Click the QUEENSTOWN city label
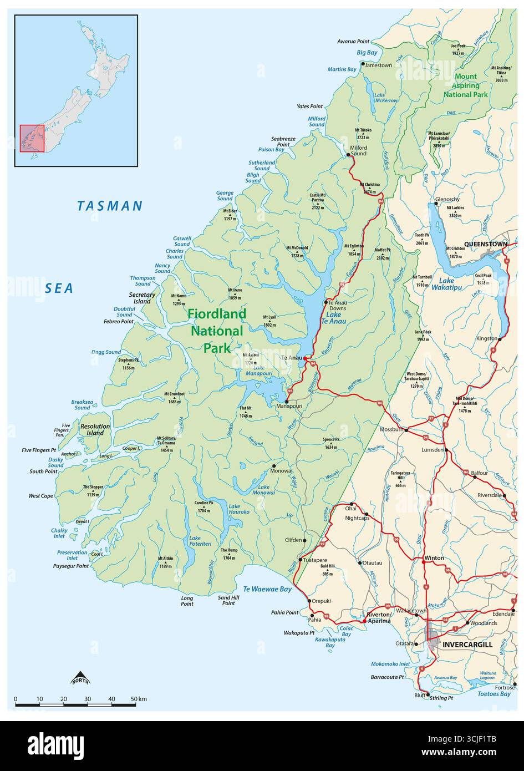pyautogui.click(x=485, y=244)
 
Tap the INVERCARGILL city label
pyautogui.click(x=467, y=645)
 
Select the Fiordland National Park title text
pyautogui.click(x=216, y=331)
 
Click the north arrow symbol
pyautogui.click(x=80, y=678)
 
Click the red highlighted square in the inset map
pyautogui.click(x=32, y=138)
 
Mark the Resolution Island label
pyautogui.click(x=95, y=429)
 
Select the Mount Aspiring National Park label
pyautogui.click(x=466, y=85)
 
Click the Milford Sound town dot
pyautogui.click(x=348, y=155)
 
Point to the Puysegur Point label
pyautogui.click(x=70, y=566)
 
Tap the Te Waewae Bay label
pyautogui.click(x=267, y=589)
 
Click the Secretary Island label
pyautogui.click(x=142, y=298)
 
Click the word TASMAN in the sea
pyautogui.click(x=110, y=206)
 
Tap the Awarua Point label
pyautogui.click(x=353, y=42)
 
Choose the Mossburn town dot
pyautogui.click(x=406, y=430)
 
